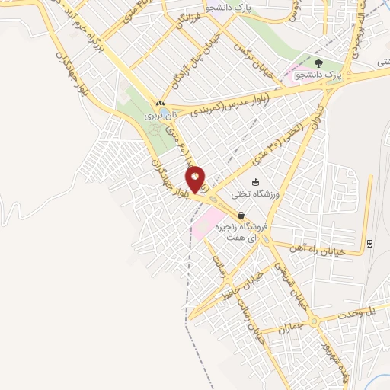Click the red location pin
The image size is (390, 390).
[196, 179]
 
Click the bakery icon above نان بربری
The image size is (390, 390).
[160, 103]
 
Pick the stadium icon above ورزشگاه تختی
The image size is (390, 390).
[255, 182]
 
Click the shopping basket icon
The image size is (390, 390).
[241, 215]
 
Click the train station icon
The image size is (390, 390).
[369, 244]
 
